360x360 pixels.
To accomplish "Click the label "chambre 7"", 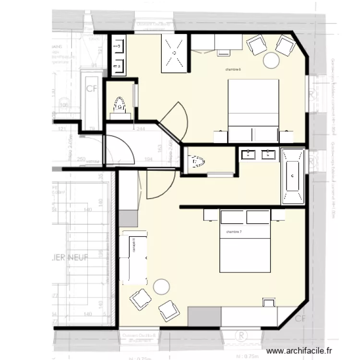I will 234,232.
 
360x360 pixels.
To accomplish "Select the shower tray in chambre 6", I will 173,53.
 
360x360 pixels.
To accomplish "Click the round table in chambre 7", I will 161,287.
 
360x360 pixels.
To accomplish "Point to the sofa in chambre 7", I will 135,257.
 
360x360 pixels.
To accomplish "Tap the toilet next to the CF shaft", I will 120,106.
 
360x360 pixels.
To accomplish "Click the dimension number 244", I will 142,129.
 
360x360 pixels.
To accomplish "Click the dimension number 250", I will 81,159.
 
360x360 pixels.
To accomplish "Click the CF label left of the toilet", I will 91,89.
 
